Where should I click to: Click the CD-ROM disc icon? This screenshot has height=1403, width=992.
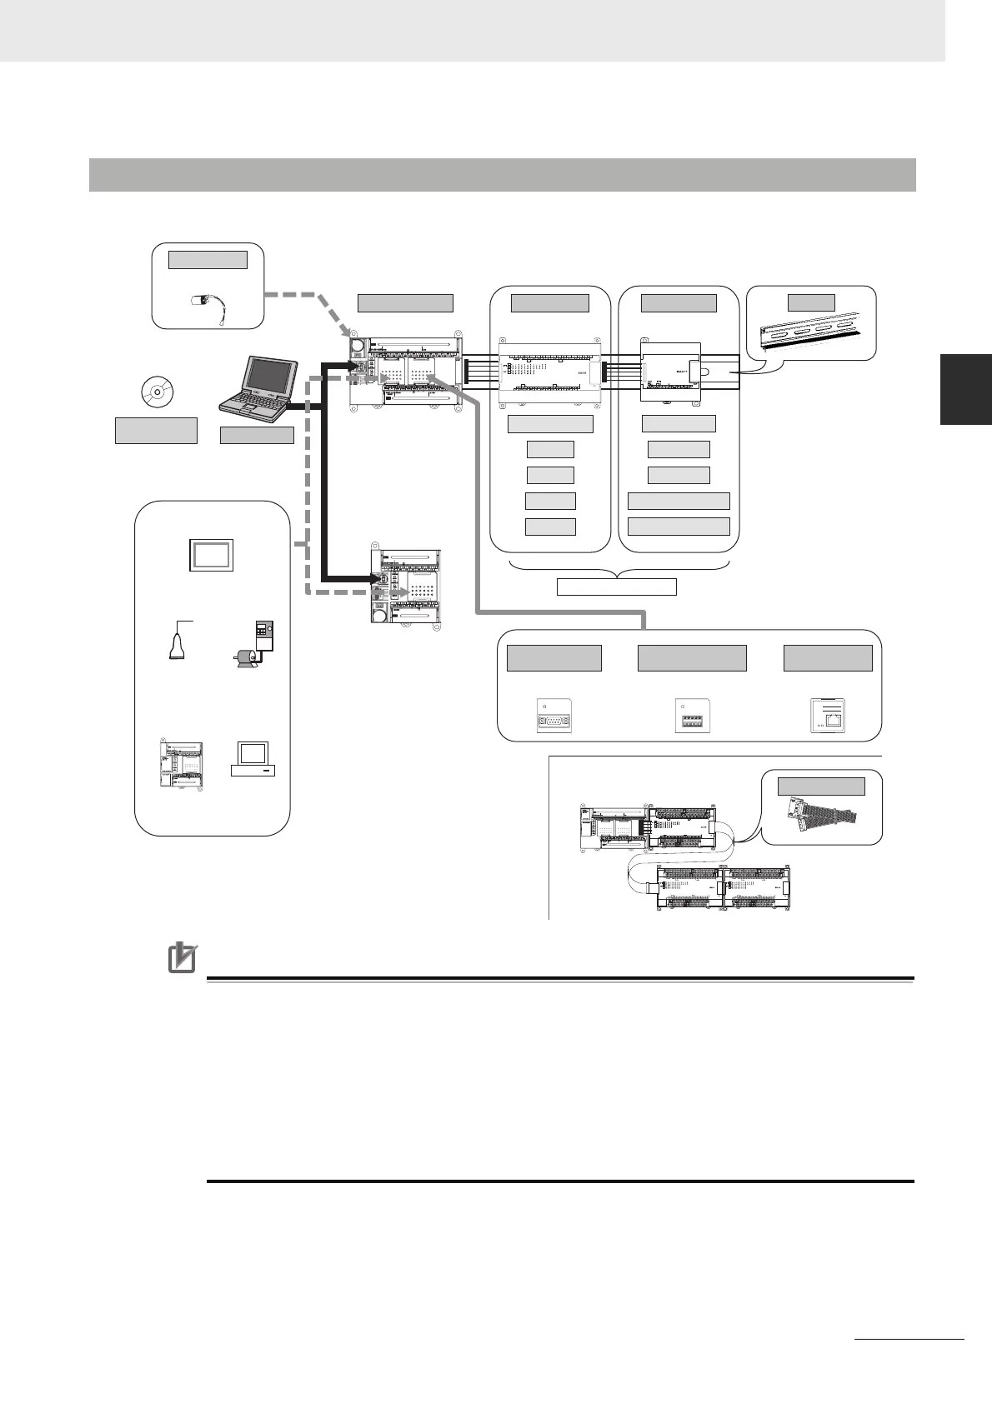(x=157, y=391)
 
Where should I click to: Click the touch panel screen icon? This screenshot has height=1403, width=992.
(x=210, y=553)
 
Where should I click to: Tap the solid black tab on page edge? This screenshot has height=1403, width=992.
(x=966, y=389)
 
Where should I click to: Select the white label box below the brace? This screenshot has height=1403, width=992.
(x=616, y=587)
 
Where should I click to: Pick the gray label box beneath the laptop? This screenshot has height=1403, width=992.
(x=257, y=435)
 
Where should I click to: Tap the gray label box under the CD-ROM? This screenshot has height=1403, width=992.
(x=156, y=431)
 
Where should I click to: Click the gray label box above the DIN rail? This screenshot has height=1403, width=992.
(x=811, y=302)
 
